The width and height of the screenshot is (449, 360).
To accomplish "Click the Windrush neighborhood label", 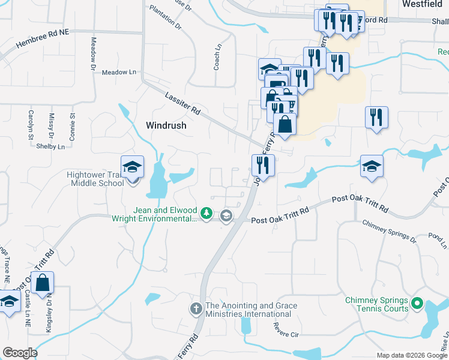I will click(166, 126).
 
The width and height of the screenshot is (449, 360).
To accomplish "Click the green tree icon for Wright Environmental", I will click(206, 213).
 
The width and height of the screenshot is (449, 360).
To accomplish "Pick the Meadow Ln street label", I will click(119, 72).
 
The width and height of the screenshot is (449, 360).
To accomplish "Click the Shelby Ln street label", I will click(50, 146).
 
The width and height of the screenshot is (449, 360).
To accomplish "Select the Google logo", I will click(19, 352).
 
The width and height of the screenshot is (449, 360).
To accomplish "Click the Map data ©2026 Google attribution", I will click(411, 355).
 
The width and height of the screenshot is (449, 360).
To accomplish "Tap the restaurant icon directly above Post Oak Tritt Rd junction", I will click(263, 164).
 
